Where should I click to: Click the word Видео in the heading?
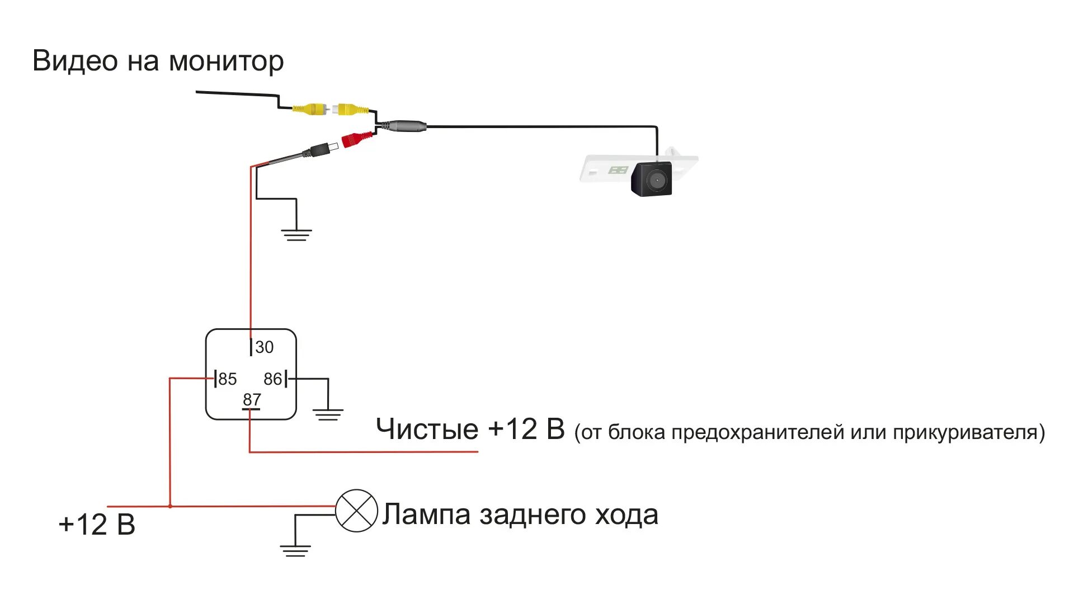(75, 60)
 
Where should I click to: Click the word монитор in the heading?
(226, 62)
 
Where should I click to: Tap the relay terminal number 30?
(264, 347)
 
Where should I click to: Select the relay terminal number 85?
(228, 379)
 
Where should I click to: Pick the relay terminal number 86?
(272, 379)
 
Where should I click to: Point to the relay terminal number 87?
(252, 400)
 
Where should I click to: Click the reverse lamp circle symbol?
(356, 511)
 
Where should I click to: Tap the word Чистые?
(427, 430)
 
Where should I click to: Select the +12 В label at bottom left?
(97, 525)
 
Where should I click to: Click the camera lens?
(655, 180)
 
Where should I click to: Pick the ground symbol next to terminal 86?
(328, 414)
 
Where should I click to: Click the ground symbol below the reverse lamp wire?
(295, 550)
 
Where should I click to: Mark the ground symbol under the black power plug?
(296, 234)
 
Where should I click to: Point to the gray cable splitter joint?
(406, 126)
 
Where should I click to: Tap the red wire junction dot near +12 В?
(170, 506)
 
